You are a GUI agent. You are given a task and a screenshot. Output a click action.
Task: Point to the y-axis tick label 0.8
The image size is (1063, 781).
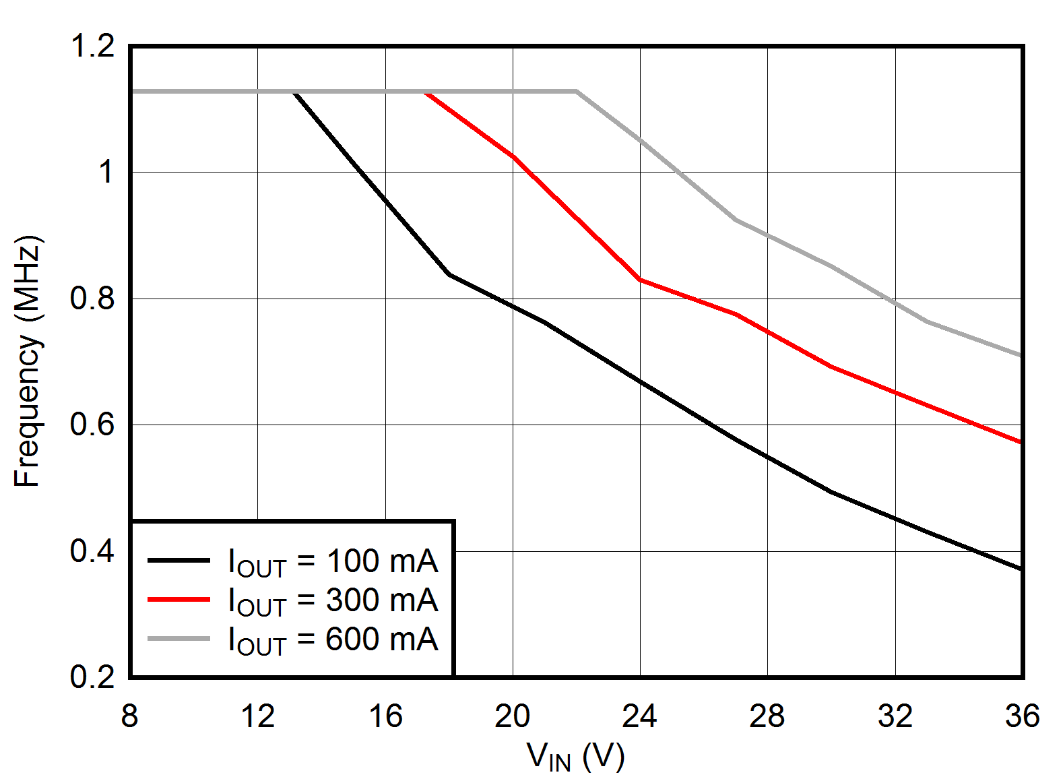[92, 298]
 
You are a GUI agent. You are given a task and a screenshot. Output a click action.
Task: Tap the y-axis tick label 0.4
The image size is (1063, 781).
[92, 551]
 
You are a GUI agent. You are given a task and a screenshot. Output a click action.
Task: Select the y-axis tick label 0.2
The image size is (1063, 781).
[92, 676]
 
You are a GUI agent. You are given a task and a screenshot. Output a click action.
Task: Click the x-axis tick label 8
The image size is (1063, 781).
[129, 716]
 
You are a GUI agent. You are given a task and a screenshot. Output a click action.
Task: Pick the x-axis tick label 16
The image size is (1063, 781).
[385, 716]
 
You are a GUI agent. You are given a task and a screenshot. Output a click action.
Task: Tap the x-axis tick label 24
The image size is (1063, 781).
[639, 716]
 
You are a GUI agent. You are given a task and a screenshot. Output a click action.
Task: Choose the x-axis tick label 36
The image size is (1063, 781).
[1022, 716]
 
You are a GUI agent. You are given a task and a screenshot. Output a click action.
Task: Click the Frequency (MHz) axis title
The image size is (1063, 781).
[28, 361]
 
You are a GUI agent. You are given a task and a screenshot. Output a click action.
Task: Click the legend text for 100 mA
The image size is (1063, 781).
[333, 562]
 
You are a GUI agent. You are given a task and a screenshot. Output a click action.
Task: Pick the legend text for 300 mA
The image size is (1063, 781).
[333, 600]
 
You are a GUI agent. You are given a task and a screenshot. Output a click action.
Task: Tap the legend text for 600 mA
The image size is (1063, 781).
[333, 639]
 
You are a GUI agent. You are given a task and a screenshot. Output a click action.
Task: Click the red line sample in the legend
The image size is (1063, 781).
[179, 598]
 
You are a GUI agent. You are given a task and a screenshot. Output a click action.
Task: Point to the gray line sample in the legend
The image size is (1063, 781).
[179, 637]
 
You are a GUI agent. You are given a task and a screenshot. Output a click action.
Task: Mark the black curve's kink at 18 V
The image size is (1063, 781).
[449, 274]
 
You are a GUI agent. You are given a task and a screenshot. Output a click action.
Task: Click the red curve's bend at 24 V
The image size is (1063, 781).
[640, 279]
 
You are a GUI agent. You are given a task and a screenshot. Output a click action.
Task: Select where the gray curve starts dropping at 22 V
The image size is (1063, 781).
[577, 91]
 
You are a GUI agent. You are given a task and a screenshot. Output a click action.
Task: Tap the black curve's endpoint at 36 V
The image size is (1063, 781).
[1021, 569]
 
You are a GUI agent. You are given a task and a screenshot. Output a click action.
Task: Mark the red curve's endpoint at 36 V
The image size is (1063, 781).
[1021, 442]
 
